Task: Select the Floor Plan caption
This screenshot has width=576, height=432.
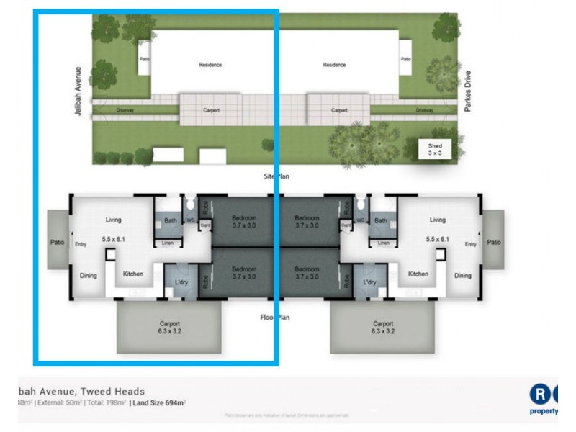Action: coord(276,316)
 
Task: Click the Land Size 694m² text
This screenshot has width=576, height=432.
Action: coord(158,402)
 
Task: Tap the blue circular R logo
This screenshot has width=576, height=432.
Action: coord(540,395)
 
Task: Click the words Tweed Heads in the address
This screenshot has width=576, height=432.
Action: coord(115,391)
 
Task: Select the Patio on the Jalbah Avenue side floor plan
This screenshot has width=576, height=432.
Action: coord(57,243)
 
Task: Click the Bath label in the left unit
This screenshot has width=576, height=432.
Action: coord(171,221)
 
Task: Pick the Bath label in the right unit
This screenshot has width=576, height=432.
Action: coord(381,221)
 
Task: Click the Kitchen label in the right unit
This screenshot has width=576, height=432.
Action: coord(418,274)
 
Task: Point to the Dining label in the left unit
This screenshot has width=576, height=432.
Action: coord(89,275)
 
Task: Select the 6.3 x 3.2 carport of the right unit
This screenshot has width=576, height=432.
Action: coord(382,328)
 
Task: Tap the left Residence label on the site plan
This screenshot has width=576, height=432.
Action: coord(210,65)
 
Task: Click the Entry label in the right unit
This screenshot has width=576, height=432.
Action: coord(470,244)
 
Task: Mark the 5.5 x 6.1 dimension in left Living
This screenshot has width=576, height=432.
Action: coord(112,238)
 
